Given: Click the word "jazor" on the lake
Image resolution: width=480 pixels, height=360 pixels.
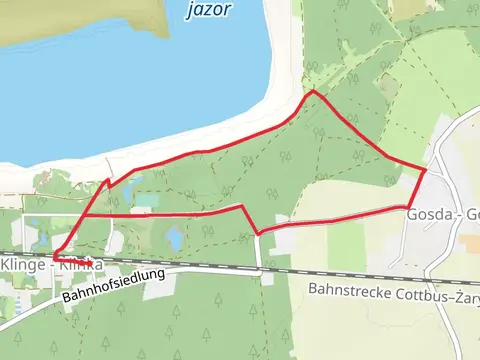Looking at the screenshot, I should point(208,9).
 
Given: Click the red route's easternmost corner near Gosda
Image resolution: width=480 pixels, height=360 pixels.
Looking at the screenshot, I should point(426,171).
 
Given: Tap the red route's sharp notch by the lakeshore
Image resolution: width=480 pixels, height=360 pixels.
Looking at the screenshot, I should point(107,181).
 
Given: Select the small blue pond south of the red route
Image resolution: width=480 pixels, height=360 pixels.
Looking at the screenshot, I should point(175,238).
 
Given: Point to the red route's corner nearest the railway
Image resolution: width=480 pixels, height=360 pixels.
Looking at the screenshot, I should point(259,234).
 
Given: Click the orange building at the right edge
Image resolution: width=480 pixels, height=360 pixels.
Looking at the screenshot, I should point(470,243).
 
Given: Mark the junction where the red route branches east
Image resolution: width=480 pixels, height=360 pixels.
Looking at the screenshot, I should point(84,214).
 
